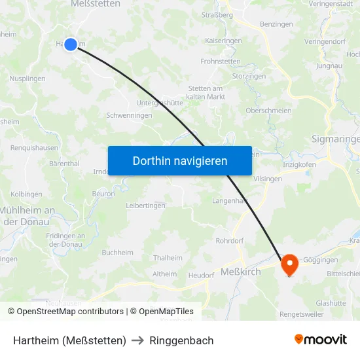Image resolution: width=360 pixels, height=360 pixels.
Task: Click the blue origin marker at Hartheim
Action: tap(71, 45)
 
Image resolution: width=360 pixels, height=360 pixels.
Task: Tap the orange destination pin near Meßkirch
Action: tap(289, 264)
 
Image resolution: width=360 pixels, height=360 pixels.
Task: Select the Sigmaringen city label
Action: tap(335, 139)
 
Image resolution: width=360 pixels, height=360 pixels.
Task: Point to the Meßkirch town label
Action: tap(241, 272)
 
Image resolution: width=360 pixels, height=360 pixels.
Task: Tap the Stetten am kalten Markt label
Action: tap(206, 92)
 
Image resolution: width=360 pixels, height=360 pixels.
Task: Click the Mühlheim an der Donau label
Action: tap(30, 216)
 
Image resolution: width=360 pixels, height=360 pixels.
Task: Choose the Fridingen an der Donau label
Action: tap(65, 240)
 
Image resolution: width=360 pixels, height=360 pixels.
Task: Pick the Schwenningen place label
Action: tap(129, 115)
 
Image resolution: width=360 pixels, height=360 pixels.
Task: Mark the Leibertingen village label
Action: tap(146, 206)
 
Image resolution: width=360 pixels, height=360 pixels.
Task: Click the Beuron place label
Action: tap(103, 194)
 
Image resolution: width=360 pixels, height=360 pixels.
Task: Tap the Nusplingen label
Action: tap(27, 79)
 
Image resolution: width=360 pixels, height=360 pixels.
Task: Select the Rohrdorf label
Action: tap(230, 241)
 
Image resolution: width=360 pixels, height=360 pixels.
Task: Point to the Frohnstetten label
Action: tap(221, 62)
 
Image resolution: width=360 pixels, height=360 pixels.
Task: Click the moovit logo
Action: tap(320, 340)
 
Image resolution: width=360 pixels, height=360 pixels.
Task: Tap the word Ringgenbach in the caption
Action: tap(181, 340)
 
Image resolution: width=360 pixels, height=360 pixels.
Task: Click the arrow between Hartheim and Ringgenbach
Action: tap(137, 340)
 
